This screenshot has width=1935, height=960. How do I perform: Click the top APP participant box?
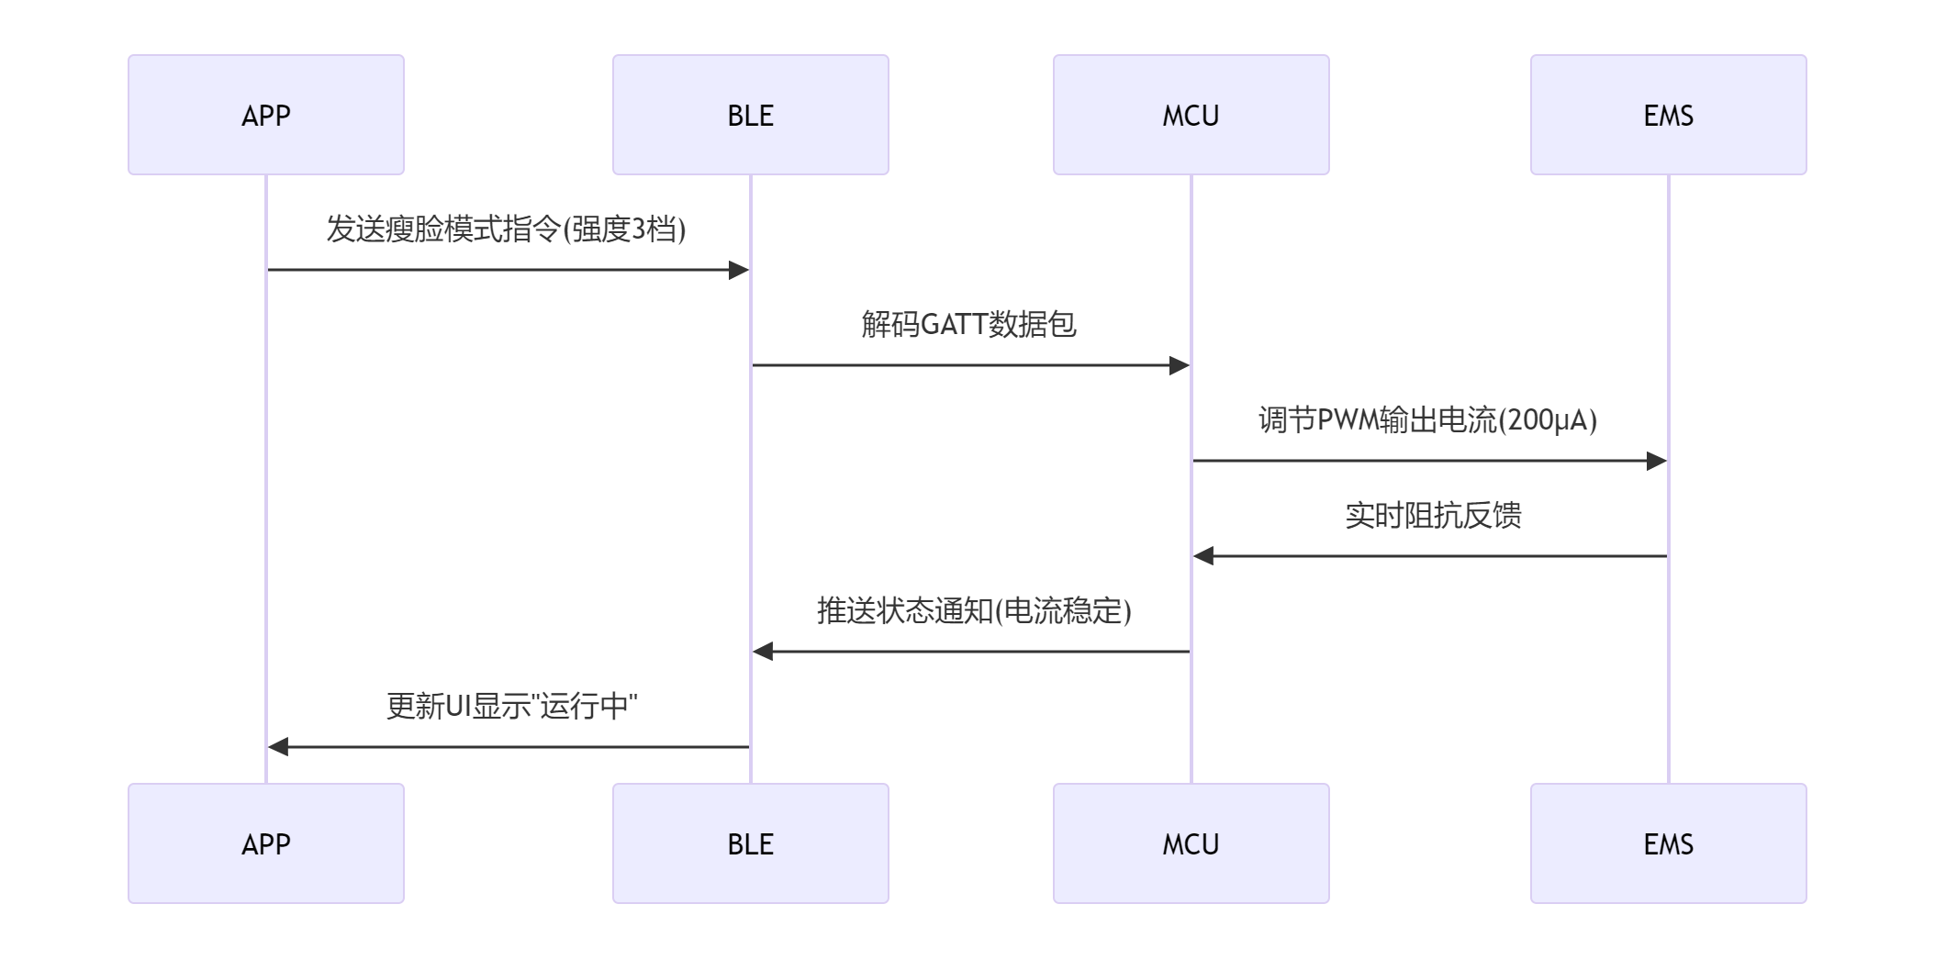point(266,115)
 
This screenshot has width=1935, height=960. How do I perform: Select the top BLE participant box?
point(750,115)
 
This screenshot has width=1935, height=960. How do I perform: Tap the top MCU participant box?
point(1191,115)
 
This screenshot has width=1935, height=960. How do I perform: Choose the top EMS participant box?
point(1668,115)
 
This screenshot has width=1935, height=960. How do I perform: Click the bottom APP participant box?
point(266,843)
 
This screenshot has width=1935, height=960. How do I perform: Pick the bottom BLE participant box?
point(750,843)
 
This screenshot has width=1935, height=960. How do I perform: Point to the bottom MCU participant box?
point(1191,843)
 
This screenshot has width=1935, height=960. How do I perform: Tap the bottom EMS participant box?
point(1668,843)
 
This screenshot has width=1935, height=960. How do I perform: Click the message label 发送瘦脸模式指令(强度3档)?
point(506,229)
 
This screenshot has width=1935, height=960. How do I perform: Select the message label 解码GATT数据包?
point(968,324)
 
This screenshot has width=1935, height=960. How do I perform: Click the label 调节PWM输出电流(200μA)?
point(1427,419)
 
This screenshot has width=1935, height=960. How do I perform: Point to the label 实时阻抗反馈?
point(1433,515)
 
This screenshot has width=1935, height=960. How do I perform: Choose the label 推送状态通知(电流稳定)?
point(974,610)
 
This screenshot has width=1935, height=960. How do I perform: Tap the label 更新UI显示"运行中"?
point(511,706)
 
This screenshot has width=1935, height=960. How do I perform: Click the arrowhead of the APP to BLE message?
point(739,270)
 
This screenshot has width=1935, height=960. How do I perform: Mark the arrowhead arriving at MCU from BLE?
point(1180,365)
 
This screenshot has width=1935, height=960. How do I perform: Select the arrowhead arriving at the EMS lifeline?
point(1657,461)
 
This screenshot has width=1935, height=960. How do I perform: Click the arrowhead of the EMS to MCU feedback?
point(1203,556)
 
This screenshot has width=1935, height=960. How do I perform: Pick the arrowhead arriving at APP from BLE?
point(278,747)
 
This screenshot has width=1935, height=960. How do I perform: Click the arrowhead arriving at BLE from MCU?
point(763,652)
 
